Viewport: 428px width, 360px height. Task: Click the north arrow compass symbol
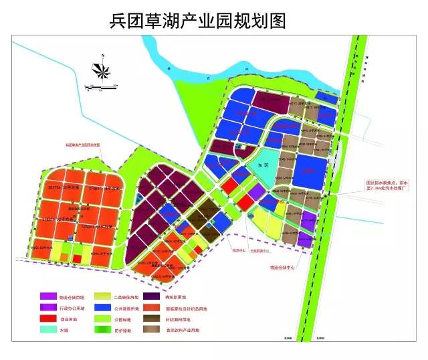tap(101, 68)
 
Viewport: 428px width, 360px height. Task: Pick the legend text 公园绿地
tap(128, 320)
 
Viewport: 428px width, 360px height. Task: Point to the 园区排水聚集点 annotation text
tap(389, 182)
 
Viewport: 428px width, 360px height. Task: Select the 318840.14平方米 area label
tap(101, 189)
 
